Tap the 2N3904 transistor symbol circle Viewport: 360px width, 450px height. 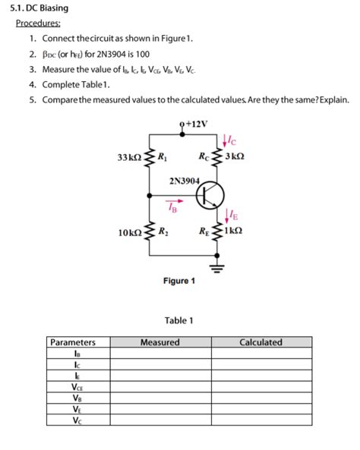[x=209, y=196]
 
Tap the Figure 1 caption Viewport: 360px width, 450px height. [x=179, y=282]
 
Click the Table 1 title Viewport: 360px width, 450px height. [x=179, y=320]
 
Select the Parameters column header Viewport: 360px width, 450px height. [x=73, y=342]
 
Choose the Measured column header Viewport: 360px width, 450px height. [x=160, y=342]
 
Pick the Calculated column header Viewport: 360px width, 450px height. [x=261, y=342]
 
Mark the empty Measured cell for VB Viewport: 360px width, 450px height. [x=160, y=397]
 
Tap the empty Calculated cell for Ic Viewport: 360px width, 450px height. [x=261, y=363]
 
